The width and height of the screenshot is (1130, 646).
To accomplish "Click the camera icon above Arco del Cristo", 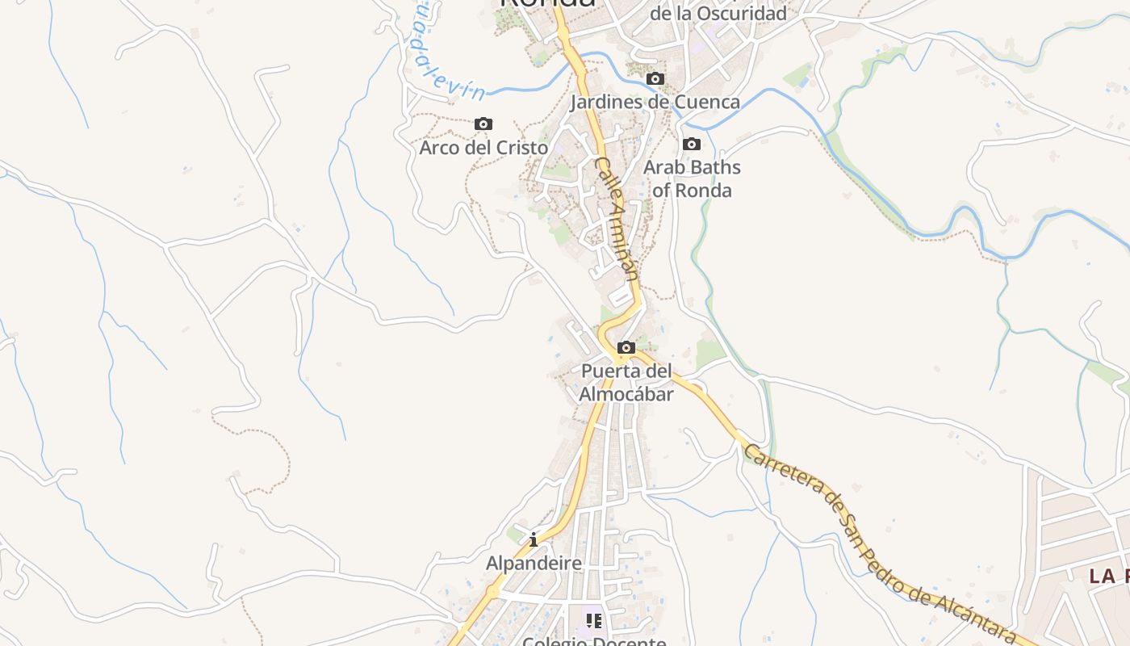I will tap(483, 124).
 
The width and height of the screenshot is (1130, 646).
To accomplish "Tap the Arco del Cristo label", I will tap(483, 148).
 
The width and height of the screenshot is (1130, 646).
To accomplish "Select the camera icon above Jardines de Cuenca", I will tap(655, 78).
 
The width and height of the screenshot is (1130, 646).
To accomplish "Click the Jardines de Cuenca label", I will tap(655, 102).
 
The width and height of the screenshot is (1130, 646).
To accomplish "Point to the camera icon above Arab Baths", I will tap(692, 144).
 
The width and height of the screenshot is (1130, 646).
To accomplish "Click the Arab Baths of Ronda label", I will tap(692, 178).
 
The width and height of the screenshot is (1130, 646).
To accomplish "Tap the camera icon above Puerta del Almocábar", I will tap(626, 347).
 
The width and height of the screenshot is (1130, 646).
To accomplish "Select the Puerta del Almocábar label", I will tap(626, 383).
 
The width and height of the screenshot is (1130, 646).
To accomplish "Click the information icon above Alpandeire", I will tap(534, 539).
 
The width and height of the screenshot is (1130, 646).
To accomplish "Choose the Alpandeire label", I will tap(534, 563).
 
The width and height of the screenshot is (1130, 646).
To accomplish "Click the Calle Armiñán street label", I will tap(618, 218).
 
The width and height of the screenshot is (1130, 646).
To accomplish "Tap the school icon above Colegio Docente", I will tap(595, 621).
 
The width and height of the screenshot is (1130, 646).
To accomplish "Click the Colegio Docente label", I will tap(594, 641).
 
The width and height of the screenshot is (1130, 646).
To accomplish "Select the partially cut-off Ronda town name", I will tap(548, 3).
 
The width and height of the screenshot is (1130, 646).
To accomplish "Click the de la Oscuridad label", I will tap(718, 14).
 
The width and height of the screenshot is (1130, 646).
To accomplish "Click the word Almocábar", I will tap(626, 394).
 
